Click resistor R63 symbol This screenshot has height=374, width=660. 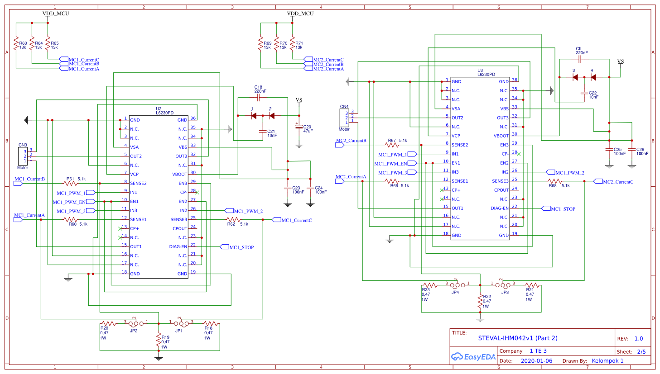click(x=16, y=44)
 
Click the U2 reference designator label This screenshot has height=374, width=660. click(x=159, y=109)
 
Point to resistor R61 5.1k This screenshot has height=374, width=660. click(x=70, y=183)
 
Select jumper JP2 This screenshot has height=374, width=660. click(x=134, y=323)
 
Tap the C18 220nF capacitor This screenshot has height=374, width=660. click(x=259, y=97)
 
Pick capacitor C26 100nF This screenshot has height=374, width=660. click(x=632, y=149)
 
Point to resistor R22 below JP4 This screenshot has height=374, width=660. click(x=480, y=302)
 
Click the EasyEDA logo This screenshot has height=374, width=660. click(x=473, y=357)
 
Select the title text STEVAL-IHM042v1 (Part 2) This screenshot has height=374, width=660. click(x=517, y=338)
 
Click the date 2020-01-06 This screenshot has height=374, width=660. click(x=536, y=361)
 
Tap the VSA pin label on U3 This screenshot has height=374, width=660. click(x=456, y=109)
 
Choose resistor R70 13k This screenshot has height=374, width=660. click(x=276, y=44)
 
